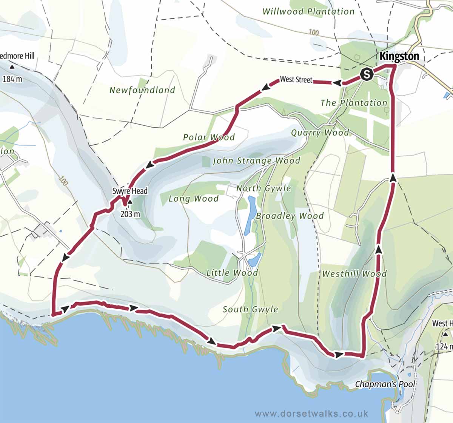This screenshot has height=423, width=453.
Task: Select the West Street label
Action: (296, 80)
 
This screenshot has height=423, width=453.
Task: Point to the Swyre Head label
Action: (129, 191)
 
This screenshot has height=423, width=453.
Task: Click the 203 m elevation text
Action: (130, 214)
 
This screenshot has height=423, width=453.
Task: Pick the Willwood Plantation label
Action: (308, 11)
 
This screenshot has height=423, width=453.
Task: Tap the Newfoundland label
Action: (142, 90)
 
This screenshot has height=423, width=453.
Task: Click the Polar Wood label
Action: (209, 137)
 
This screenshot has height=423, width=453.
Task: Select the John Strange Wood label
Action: (256, 161)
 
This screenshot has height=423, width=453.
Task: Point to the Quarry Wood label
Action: (320, 133)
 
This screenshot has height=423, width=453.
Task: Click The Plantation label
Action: (354, 103)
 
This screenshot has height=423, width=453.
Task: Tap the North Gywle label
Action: (263, 188)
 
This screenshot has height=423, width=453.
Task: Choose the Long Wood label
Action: (193, 199)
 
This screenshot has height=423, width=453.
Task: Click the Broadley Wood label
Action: (290, 216)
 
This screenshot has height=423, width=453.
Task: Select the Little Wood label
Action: (232, 273)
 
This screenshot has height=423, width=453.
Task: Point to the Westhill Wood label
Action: (354, 274)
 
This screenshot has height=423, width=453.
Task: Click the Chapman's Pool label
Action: (385, 384)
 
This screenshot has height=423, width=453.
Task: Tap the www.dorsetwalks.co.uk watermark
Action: (311, 414)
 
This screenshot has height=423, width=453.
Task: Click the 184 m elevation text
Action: (12, 79)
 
